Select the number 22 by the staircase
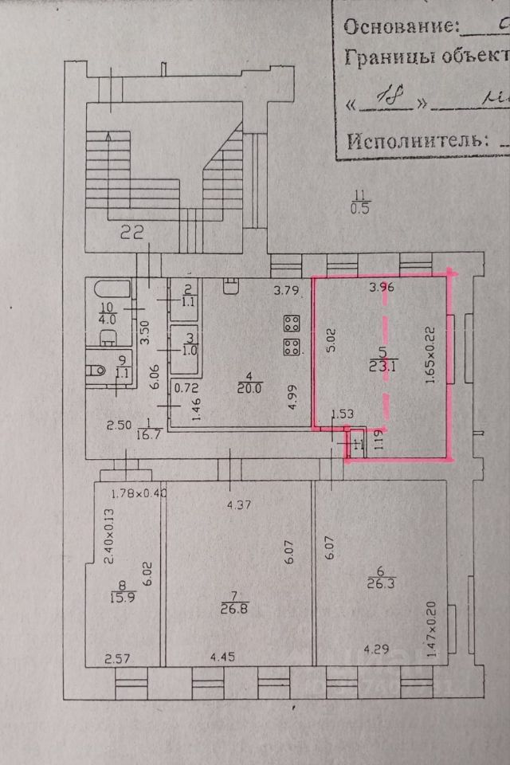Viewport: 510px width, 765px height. [131, 233]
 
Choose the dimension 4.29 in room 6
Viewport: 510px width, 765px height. [377, 649]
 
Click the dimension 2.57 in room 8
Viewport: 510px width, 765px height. [118, 659]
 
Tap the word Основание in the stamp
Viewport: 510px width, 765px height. [401, 25]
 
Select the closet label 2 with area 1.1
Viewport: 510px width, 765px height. [188, 296]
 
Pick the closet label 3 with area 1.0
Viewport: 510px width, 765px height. [188, 343]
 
